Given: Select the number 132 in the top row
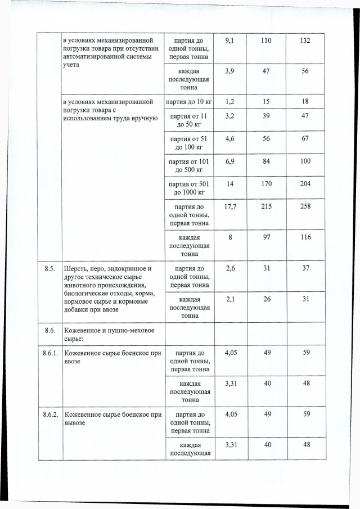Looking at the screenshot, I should tap(305, 40).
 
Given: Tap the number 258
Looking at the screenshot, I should tap(305, 206).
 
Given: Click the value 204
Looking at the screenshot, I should tap(305, 183).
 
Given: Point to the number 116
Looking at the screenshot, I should tap(305, 237).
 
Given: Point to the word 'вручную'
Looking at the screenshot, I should tap(143, 119).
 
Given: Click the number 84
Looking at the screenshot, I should tap(267, 161).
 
